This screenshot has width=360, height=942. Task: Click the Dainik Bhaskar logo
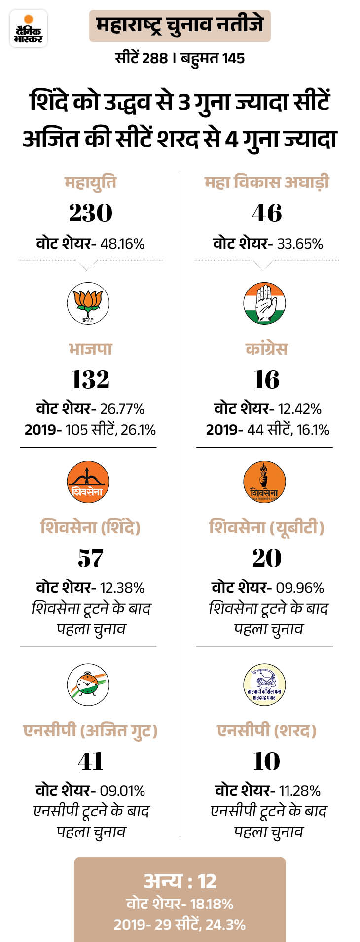coord(29,29)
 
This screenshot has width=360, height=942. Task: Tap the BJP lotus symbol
coord(88,303)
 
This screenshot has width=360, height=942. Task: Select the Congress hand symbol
coord(265,303)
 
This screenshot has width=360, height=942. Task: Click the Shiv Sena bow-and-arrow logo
coord(88,482)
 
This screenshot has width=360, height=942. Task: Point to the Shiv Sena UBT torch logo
coord(265,482)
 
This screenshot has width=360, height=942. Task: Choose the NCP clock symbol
coord(88,685)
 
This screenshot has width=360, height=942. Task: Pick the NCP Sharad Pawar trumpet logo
coord(265,685)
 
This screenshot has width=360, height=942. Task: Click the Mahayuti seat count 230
coord(90,213)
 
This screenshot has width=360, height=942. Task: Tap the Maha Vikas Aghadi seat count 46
coord(267,213)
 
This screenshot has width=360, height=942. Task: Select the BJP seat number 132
coord(90,379)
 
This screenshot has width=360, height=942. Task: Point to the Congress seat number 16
coord(267,379)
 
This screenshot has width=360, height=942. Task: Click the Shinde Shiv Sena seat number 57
coord(90,558)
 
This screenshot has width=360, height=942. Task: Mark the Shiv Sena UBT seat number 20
coord(267,558)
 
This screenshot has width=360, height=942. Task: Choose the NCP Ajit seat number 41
coord(90,761)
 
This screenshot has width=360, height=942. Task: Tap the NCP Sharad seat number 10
coord(267,761)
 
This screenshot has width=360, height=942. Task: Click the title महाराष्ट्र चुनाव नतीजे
coord(180,25)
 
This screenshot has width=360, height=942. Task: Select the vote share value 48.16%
coord(122,244)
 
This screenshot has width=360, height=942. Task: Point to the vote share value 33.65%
coord(300,244)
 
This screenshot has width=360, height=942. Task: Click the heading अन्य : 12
coord(180,881)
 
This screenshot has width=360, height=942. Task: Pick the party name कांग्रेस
coord(266,349)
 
